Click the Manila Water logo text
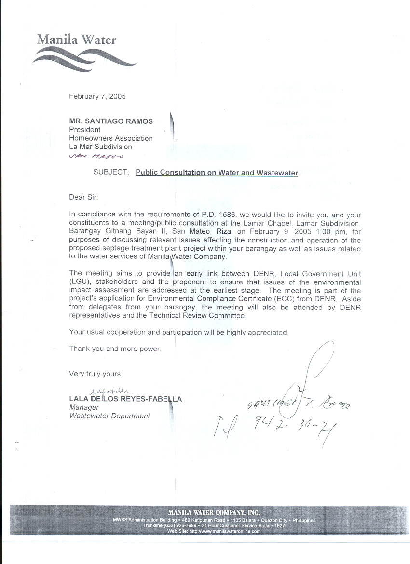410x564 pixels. click(76, 40)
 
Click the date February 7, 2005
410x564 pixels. click(97, 96)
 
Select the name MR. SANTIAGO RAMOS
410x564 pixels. click(111, 121)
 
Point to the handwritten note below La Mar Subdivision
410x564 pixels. click(96, 156)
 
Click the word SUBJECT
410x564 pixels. click(111, 172)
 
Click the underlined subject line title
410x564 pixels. click(217, 172)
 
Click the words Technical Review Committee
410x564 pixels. click(203, 316)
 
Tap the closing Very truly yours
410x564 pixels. click(96, 374)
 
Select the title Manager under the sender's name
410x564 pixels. click(84, 408)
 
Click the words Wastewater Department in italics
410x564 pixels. click(109, 416)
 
